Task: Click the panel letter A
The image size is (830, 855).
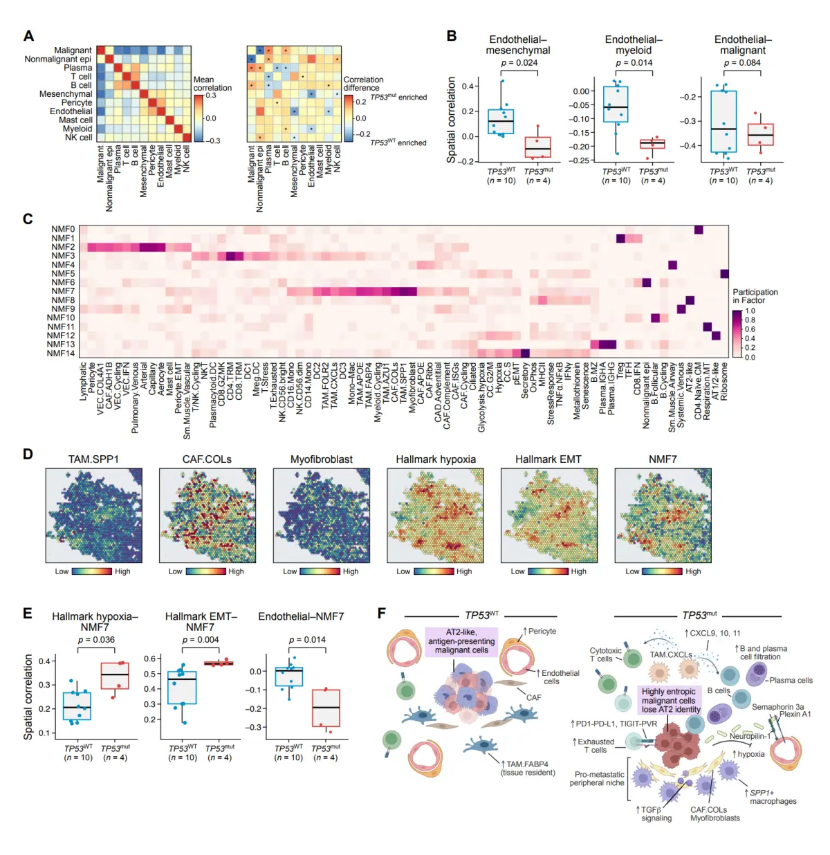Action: pos(28,36)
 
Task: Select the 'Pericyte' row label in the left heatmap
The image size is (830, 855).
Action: pos(76,102)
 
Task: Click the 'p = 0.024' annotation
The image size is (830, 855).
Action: pos(519,63)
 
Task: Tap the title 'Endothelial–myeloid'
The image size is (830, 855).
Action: pos(633,45)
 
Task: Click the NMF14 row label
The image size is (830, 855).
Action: pos(61,353)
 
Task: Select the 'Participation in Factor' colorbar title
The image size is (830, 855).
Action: pos(755,296)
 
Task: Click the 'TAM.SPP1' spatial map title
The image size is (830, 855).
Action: pos(93,459)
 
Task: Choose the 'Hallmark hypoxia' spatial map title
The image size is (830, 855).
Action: pos(436,459)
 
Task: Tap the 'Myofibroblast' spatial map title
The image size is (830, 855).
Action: pos(321,459)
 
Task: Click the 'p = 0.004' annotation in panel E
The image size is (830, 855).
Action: pos(200,640)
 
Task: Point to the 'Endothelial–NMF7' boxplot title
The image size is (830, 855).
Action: pos(301,616)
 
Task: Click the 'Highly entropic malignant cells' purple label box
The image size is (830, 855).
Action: pos(670,700)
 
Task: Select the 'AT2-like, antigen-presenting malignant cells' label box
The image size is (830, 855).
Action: pos(461,641)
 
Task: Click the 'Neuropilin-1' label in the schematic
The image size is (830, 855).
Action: pos(749,736)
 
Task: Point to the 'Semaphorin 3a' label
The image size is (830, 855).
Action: pos(777,707)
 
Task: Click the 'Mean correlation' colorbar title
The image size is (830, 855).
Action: pos(212,84)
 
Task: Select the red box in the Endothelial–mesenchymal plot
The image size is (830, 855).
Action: pos(537,147)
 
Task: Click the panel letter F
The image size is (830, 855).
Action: pos(382,614)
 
